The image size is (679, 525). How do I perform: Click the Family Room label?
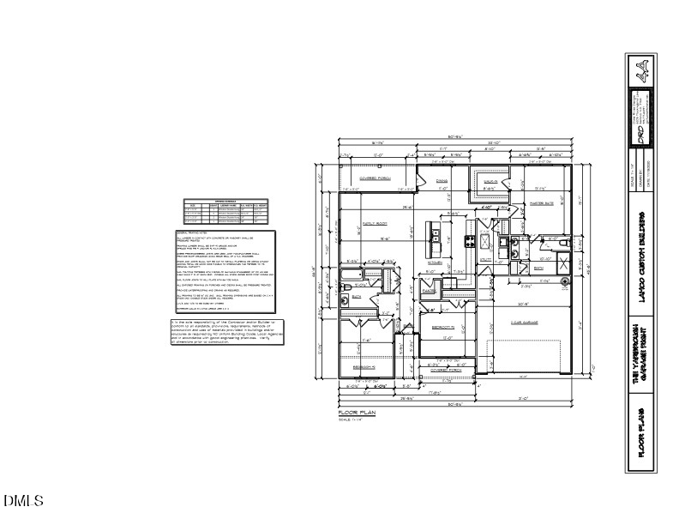374,220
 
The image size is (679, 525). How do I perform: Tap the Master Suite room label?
544,204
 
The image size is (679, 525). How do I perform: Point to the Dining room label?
442,181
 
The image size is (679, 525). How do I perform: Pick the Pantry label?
430,290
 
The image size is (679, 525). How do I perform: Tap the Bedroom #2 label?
442,327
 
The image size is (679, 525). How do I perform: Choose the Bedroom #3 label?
365,366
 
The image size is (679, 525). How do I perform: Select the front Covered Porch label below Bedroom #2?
444,371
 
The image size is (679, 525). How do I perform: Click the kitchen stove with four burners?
471,241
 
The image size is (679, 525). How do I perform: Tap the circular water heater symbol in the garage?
566,281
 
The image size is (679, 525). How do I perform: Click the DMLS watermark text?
23,500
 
